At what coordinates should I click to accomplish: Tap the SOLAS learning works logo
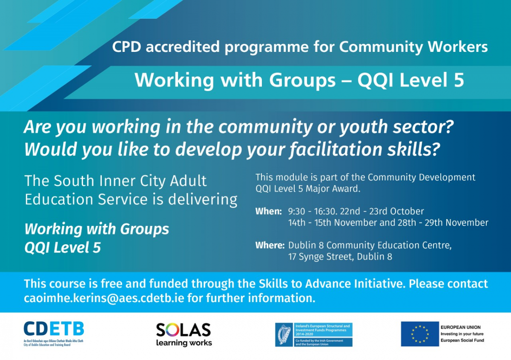(x=184, y=334)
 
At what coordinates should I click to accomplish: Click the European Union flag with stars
(x=419, y=334)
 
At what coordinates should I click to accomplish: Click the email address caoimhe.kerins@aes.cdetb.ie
(x=104, y=298)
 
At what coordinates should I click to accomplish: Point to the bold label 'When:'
(x=268, y=211)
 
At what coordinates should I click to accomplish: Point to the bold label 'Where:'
(x=270, y=246)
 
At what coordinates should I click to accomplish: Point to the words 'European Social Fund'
(x=462, y=340)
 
